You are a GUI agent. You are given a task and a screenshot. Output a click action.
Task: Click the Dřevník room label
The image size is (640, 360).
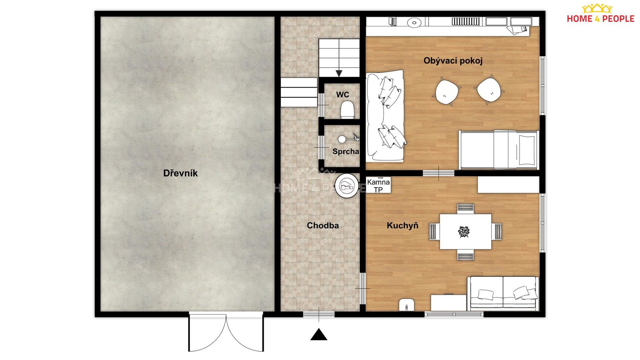point(180,173)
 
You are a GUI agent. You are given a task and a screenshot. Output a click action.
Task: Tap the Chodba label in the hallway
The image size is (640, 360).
point(323,226)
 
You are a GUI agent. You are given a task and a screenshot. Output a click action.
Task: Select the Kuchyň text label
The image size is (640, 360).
point(402,226)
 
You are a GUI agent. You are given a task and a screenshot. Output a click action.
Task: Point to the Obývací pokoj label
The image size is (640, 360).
point(453,61)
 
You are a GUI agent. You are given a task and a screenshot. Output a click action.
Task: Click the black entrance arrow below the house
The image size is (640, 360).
point(319,335)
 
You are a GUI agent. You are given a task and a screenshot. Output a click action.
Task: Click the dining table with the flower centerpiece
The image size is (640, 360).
point(465,231)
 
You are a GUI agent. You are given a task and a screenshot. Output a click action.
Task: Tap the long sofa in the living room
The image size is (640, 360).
point(385,116)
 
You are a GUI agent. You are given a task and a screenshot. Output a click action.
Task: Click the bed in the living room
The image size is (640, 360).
point(498,150)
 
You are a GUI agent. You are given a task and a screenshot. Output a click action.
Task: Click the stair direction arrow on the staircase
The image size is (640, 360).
point(339,73)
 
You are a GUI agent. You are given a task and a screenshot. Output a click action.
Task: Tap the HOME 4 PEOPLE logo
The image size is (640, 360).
point(600,14)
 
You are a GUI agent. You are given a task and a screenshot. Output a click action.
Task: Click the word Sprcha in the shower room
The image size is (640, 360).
point(346,152)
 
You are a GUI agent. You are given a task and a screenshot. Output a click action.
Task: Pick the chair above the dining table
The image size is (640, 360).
point(465,208)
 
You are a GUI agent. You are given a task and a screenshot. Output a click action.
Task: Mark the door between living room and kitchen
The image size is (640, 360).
point(438,173)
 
